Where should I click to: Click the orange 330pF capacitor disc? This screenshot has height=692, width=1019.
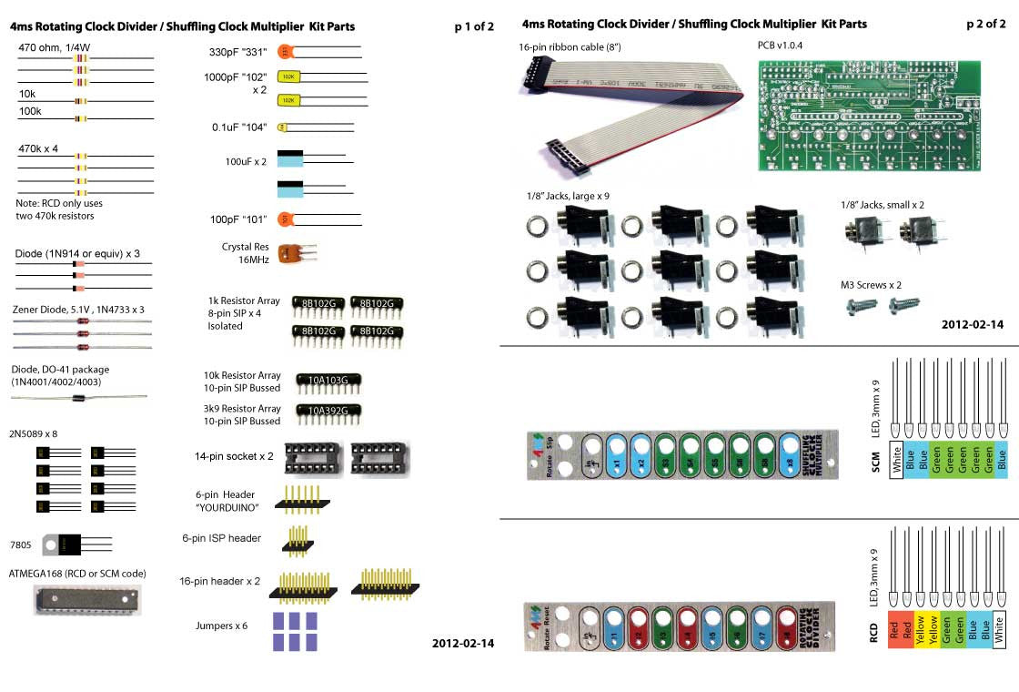(x=286, y=52)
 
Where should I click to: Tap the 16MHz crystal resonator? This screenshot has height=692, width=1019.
(x=293, y=254)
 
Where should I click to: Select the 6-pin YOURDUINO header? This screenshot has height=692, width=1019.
(x=301, y=496)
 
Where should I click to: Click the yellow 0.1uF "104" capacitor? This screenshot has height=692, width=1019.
(x=282, y=127)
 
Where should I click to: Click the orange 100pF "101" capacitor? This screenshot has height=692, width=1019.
(x=286, y=219)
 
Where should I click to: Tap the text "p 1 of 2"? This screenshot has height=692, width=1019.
(x=473, y=26)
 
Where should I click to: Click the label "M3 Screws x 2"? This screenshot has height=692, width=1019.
(x=871, y=285)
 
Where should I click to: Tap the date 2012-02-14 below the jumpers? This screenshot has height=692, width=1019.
(x=463, y=643)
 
